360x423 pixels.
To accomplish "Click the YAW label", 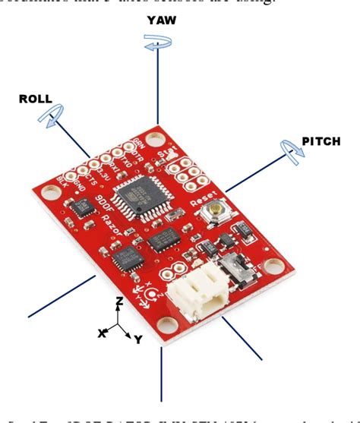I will [162, 21].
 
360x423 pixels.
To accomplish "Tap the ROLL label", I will [36, 99].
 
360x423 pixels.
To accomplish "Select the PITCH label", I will [321, 141].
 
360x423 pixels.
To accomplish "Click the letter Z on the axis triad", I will [118, 301].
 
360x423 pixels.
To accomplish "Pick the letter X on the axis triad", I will [102, 333].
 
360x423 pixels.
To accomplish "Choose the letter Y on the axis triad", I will [138, 339].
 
